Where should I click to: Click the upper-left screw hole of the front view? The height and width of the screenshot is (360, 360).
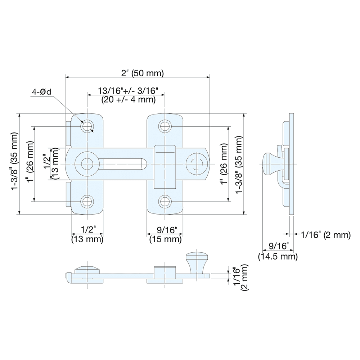(x=87, y=126)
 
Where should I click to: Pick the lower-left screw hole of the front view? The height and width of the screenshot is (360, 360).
(x=87, y=201)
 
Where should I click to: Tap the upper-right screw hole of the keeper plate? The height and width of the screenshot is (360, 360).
(x=165, y=126)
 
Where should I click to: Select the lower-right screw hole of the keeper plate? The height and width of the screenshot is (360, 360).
(x=165, y=201)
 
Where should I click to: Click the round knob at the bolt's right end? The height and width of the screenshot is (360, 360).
(x=197, y=164)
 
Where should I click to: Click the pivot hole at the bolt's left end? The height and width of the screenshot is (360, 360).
(x=87, y=164)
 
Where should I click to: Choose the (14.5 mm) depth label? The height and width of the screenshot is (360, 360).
(x=278, y=256)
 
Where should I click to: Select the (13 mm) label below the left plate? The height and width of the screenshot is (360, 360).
(x=87, y=239)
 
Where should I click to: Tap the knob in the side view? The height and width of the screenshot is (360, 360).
(x=269, y=164)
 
